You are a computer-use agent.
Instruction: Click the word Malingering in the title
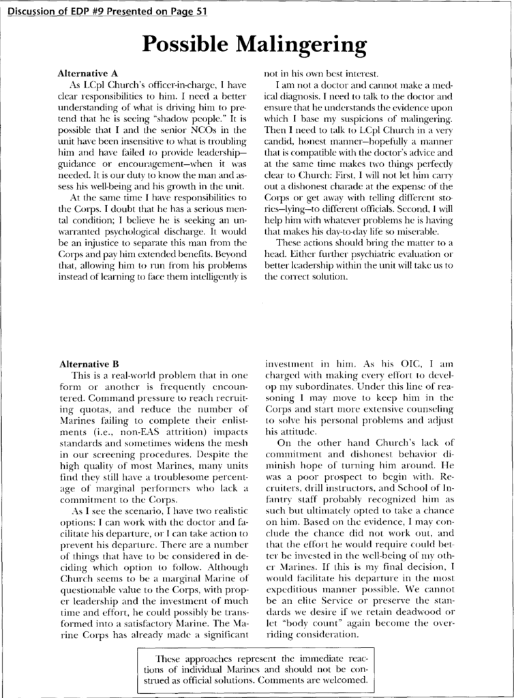tap(301, 45)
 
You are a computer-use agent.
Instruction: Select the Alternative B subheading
tap(89, 365)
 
